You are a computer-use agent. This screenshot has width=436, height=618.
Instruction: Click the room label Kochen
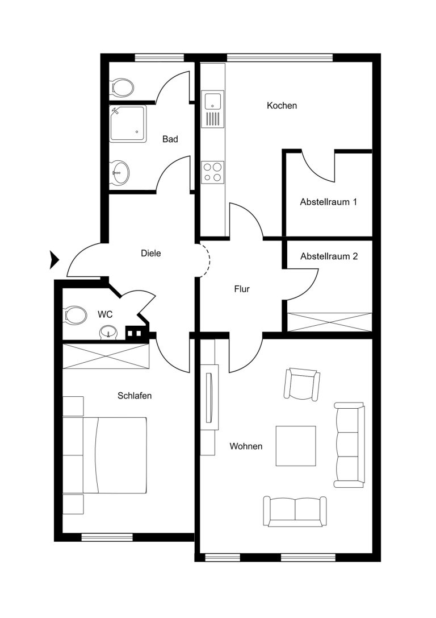click(282, 106)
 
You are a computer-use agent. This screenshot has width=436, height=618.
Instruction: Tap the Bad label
click(170, 139)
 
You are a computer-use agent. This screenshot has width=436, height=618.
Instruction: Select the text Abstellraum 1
click(328, 202)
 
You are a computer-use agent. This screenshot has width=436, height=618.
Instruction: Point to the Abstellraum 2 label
click(329, 256)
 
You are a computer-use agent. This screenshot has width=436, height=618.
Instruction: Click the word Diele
click(150, 253)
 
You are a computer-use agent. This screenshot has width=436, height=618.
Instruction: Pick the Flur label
click(242, 289)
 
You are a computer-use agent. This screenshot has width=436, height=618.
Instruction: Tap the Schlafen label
click(135, 396)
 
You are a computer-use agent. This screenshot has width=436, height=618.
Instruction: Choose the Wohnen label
click(246, 446)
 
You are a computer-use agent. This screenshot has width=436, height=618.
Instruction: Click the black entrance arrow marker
click(54, 260)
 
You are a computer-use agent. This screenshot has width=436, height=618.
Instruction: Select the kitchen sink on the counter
click(213, 109)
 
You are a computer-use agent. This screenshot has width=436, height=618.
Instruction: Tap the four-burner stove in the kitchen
click(213, 172)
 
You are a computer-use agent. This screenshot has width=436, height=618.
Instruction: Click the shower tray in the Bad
click(128, 123)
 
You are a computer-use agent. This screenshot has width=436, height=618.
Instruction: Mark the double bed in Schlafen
click(115, 455)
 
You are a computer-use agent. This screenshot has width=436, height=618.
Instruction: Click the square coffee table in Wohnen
click(296, 446)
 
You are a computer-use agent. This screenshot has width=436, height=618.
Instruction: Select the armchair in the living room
click(302, 384)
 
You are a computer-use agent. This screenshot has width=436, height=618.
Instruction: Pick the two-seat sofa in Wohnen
click(295, 511)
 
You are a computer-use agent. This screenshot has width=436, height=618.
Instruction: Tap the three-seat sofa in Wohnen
click(349, 445)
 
